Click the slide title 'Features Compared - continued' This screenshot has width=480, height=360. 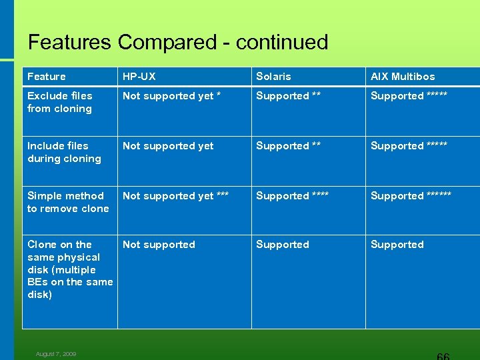[x=178, y=42]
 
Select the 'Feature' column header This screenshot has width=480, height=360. [x=47, y=77]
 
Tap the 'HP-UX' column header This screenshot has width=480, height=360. [x=139, y=77]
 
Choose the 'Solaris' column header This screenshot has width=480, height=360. [x=273, y=77]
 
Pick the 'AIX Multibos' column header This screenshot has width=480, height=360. [x=403, y=77]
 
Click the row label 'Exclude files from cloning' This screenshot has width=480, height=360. [x=60, y=102]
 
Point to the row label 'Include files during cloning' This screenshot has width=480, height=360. [x=64, y=152]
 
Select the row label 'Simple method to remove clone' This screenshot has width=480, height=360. [x=67, y=202]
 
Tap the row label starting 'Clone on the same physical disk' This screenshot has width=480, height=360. [x=69, y=269]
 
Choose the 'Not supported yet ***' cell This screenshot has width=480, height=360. [x=175, y=195]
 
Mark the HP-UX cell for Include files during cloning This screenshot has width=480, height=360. [x=168, y=146]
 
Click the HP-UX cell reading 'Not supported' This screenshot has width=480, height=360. [x=159, y=245]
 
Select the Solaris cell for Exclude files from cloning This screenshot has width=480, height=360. [x=288, y=96]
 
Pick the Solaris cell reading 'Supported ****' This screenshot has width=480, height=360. [x=292, y=195]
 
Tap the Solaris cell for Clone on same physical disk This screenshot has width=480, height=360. [x=283, y=245]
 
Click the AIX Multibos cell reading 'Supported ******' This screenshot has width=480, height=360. [x=411, y=195]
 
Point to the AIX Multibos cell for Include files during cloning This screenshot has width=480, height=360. [x=409, y=146]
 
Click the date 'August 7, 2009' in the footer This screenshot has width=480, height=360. [x=56, y=354]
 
